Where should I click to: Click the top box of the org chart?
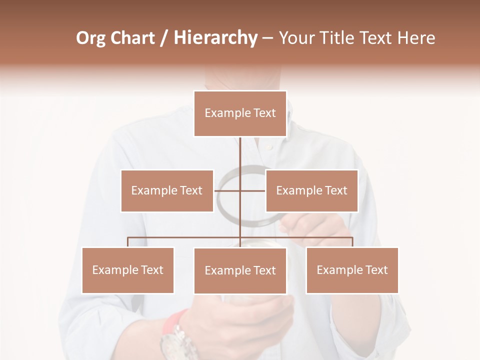(240, 113)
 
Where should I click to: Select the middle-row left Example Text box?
(167, 190)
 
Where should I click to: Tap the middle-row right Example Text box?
(311, 190)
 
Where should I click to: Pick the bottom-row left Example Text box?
(128, 270)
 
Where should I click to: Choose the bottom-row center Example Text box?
(240, 270)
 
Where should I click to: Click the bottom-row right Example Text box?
(352, 270)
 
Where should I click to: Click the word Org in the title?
(90, 38)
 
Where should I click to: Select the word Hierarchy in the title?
(215, 38)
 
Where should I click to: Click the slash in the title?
(164, 38)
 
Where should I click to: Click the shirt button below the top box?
(269, 147)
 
